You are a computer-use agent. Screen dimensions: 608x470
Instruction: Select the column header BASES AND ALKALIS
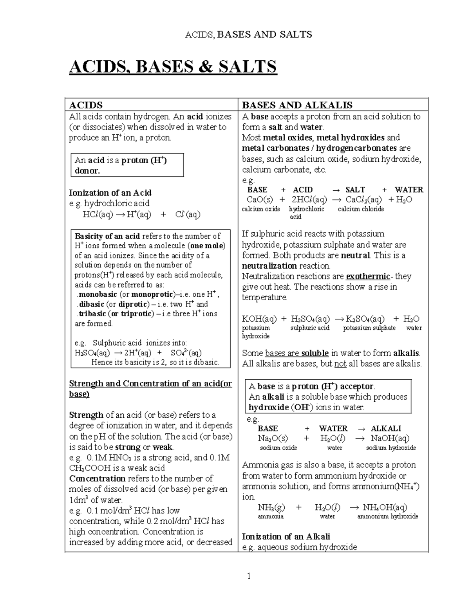(x=297, y=105)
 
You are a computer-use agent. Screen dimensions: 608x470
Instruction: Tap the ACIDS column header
(x=86, y=105)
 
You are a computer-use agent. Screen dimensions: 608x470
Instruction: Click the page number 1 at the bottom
(x=248, y=576)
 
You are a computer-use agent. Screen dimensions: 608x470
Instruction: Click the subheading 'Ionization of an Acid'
(x=110, y=193)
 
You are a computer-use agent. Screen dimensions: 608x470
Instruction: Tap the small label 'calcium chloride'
(x=361, y=209)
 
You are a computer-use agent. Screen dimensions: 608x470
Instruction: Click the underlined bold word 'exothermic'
(x=368, y=276)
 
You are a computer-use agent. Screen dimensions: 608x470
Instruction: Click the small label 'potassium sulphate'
(x=369, y=328)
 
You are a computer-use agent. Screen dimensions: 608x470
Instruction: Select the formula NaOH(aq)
(x=390, y=438)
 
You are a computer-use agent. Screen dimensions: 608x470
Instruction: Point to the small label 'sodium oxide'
(x=278, y=447)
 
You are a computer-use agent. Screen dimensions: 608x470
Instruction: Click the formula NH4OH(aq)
(x=385, y=508)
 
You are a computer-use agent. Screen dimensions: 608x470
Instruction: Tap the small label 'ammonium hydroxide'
(x=388, y=516)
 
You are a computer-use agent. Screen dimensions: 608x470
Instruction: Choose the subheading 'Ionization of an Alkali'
(x=286, y=536)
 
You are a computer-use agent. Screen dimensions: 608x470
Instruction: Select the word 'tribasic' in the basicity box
(x=92, y=314)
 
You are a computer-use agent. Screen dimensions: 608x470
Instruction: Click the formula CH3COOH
(x=89, y=468)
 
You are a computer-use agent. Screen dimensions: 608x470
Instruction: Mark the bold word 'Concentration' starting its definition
(x=97, y=478)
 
